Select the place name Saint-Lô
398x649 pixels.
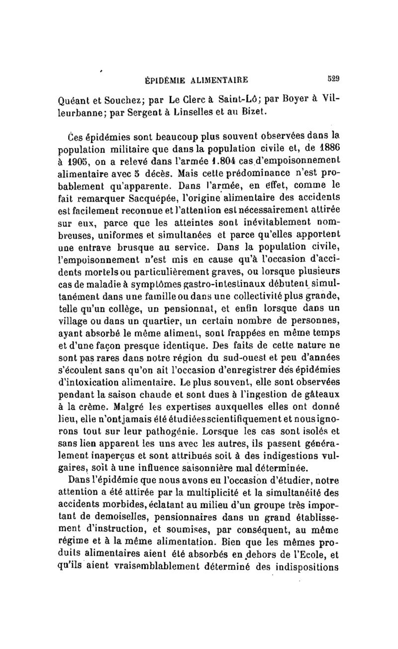pyautogui.click(x=238, y=97)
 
